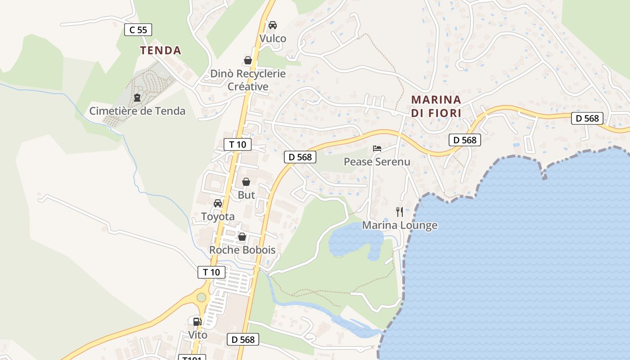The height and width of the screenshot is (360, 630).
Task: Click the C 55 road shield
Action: click(138, 30)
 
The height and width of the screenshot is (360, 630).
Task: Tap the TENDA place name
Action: click(161, 50)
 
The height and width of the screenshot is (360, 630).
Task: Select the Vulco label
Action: click(273, 38)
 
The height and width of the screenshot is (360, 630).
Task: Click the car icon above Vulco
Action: click(273, 25)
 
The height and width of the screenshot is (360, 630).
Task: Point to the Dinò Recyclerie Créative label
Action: click(248, 80)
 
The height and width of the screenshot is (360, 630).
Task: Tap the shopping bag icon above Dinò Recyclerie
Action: click(248, 60)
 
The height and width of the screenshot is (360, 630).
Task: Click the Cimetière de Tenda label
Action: click(137, 111)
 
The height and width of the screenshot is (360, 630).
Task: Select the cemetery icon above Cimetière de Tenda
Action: click(137, 97)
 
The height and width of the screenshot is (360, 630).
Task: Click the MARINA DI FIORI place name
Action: click(436, 106)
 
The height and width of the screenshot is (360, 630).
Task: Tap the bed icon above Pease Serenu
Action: click(377, 148)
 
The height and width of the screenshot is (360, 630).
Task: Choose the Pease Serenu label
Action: click(377, 162)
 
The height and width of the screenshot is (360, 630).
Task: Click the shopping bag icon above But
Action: click(246, 182)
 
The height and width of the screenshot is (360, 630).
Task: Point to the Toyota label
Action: click(218, 216)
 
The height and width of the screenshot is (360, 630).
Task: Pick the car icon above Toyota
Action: click(218, 203)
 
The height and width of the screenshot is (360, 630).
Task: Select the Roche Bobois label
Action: click(242, 250)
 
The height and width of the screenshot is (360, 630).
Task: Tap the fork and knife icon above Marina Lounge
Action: click(400, 211)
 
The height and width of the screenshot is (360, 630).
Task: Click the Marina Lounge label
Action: click(400, 225)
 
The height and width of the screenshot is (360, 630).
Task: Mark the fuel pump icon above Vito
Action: click(197, 321)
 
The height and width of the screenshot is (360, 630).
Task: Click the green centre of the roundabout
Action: click(201, 297)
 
